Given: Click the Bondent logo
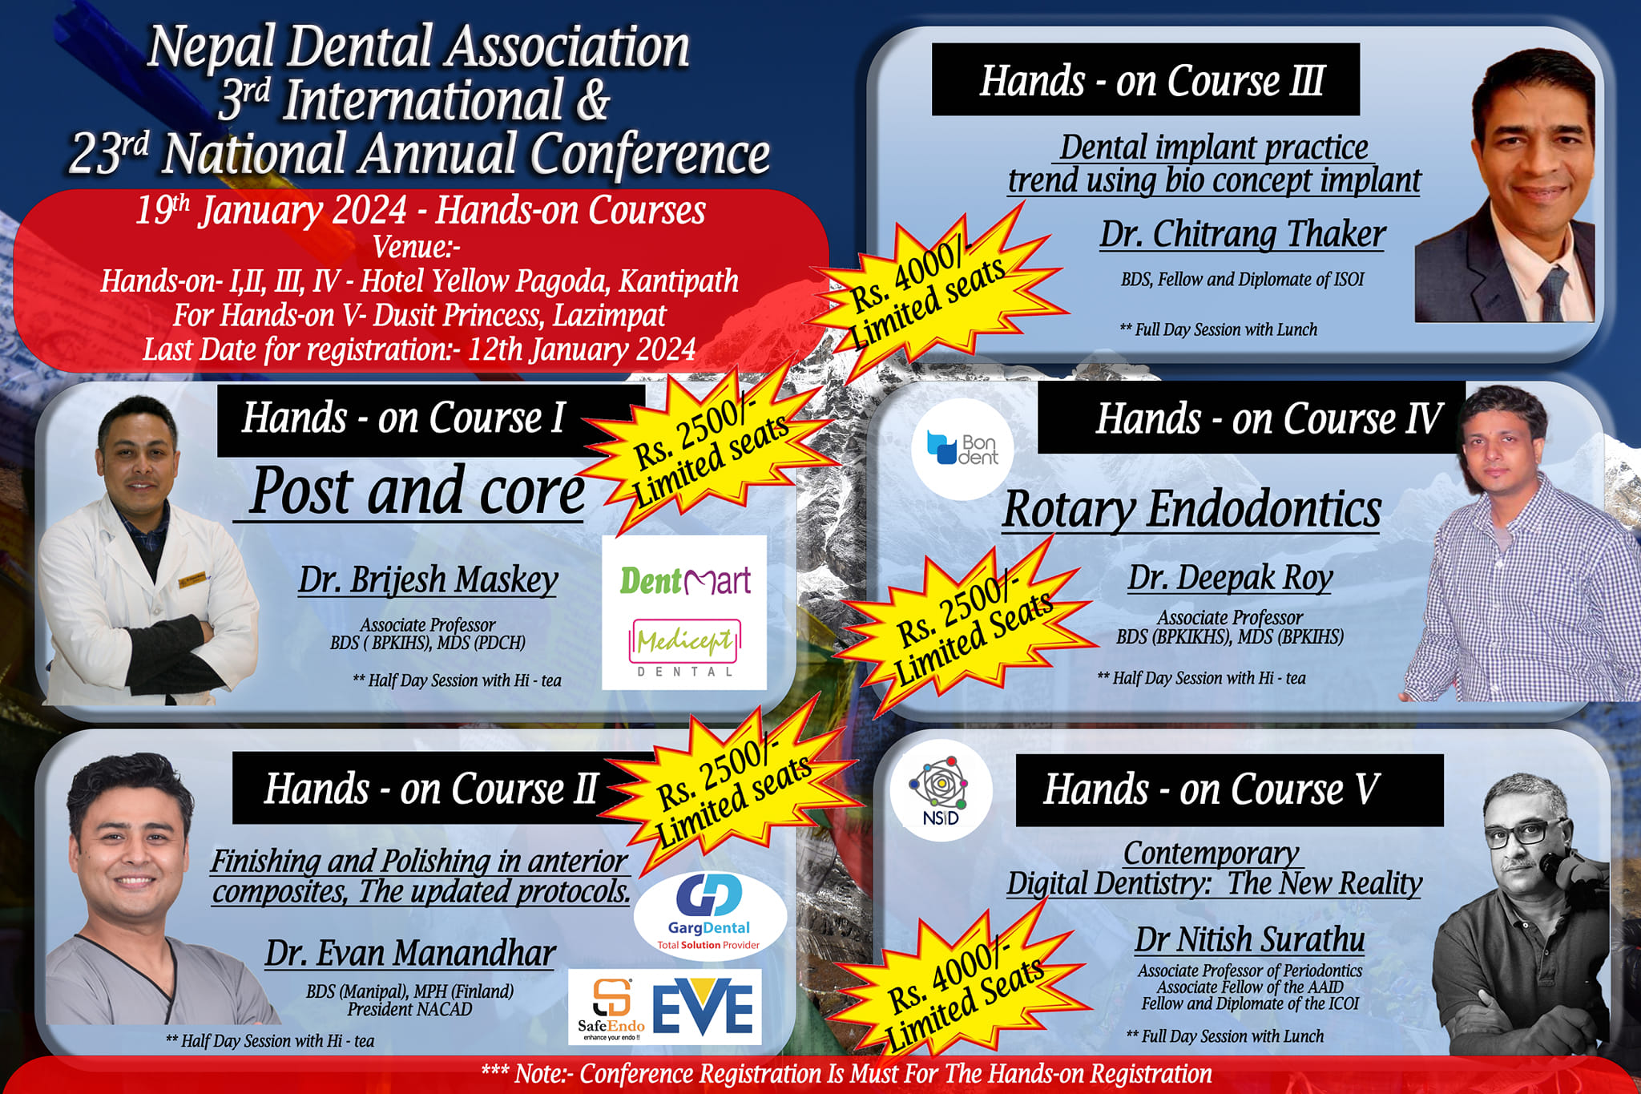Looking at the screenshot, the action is tap(962, 449).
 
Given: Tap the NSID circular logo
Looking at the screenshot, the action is tap(941, 790).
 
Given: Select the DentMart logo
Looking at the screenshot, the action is tap(685, 580).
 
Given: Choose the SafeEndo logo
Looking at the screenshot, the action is tap(611, 1007).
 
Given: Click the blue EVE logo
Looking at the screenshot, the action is tap(704, 1006).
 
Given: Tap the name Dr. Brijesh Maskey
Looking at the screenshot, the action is tap(428, 579).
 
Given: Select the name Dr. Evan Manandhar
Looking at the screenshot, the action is tap(410, 953).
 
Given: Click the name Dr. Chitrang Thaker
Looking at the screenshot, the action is tap(1242, 234).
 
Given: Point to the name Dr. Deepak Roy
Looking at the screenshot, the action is tap(1230, 577).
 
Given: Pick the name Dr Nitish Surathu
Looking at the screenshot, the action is tap(1249, 939).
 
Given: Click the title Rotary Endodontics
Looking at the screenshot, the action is tap(1191, 509).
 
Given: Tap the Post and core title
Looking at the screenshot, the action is tap(416, 490).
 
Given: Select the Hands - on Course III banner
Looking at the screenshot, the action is tap(1146, 79).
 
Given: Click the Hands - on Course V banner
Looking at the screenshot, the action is tap(1229, 790).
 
